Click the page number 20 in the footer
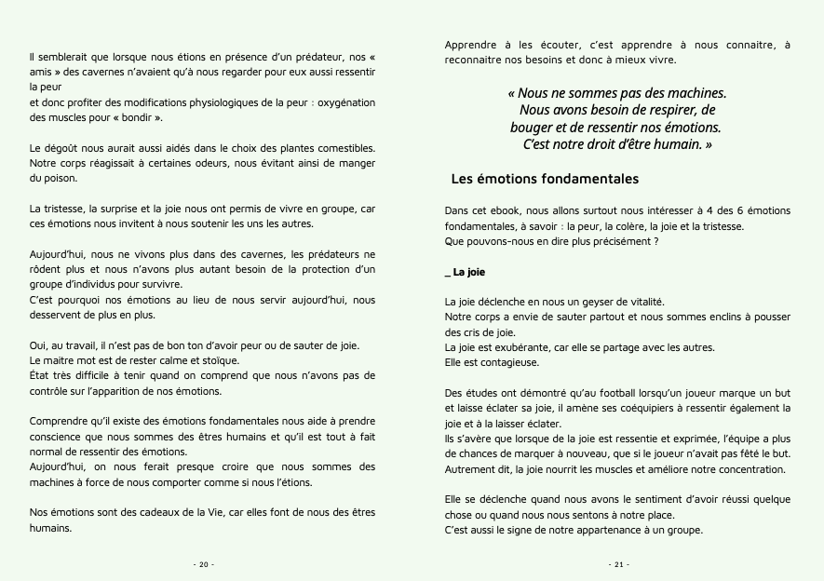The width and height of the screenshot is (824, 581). [x=203, y=563]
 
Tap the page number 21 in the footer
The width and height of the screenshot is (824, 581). [x=619, y=563]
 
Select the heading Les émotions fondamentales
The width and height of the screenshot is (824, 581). [x=544, y=178]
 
